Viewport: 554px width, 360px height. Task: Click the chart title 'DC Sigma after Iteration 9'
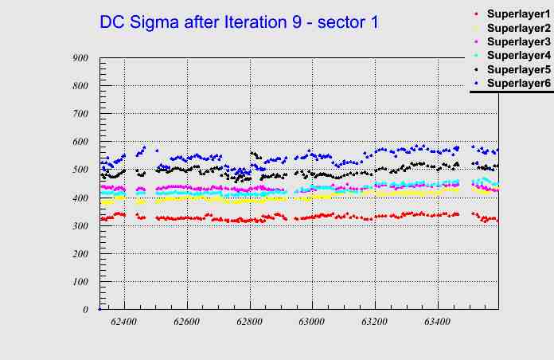pos(239,22)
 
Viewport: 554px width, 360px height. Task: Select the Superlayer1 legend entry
pos(518,15)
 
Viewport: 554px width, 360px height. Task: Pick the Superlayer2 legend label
pos(518,29)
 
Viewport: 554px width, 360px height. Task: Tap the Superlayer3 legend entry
pos(518,41)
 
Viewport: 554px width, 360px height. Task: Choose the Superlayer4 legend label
pos(518,56)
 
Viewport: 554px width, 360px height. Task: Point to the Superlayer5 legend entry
pos(518,69)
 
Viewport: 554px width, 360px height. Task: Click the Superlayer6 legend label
pos(518,83)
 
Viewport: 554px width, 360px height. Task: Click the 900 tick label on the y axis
pos(80,58)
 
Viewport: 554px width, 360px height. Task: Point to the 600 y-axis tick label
pos(80,142)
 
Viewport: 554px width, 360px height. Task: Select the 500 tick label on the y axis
pos(80,170)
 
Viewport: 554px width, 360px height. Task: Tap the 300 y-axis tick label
pos(80,225)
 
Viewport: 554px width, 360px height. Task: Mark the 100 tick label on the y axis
pos(80,282)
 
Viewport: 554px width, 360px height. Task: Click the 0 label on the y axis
pos(86,310)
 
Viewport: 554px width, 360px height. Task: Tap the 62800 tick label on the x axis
pos(249,323)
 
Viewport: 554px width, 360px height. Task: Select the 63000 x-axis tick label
pos(311,323)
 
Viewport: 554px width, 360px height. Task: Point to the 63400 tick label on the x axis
pos(437,323)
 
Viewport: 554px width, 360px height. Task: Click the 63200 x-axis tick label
pos(374,323)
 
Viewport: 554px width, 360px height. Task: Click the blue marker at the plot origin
pos(99,308)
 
